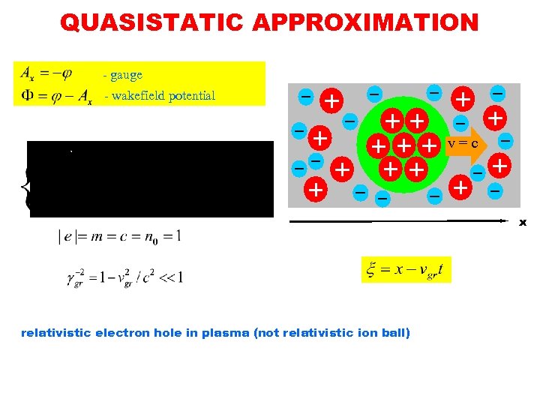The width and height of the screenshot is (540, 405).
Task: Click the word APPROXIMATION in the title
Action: click(365, 22)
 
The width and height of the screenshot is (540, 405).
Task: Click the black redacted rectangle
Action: click(151, 178)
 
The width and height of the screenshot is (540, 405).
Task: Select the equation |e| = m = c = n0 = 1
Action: click(120, 236)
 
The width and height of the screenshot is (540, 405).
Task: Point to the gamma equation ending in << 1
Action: click(124, 277)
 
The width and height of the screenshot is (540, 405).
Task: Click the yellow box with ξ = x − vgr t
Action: click(406, 269)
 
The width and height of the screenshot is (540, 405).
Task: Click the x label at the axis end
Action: click(523, 222)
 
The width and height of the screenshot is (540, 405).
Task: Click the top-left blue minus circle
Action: click(306, 97)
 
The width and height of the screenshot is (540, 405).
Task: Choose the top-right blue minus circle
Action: click(497, 92)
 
